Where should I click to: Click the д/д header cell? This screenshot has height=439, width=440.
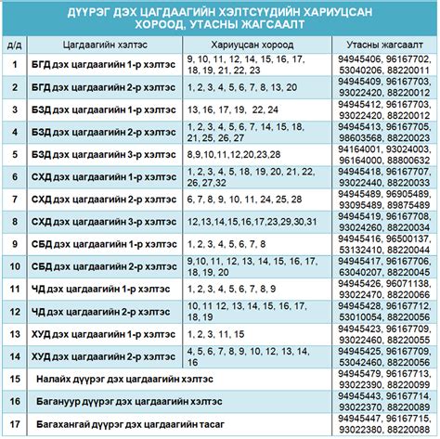(x=14, y=44)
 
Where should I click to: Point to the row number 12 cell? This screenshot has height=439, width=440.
(x=14, y=311)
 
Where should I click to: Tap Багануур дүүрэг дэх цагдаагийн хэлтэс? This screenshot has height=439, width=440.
(x=110, y=401)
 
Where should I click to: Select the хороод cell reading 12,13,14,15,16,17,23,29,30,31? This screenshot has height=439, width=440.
(x=246, y=221)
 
